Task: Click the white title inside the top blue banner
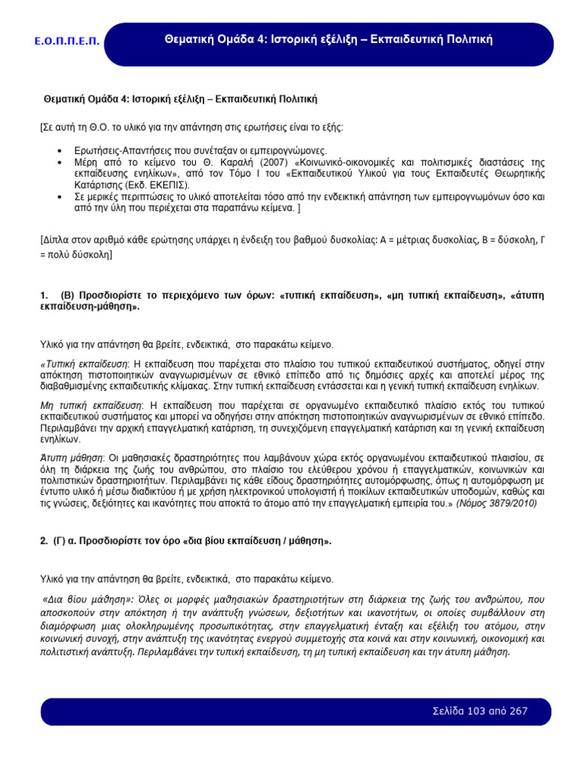tap(328, 39)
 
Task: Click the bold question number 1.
tap(43, 294)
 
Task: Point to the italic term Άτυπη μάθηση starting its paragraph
tap(71, 459)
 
